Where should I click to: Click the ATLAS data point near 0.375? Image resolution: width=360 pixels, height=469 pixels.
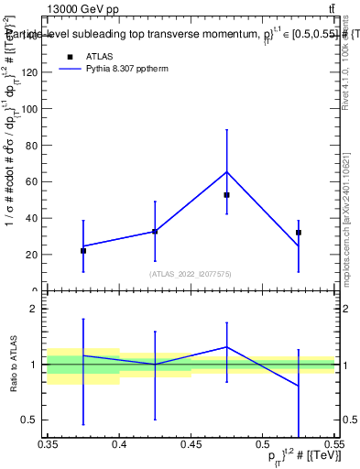tap(83, 250)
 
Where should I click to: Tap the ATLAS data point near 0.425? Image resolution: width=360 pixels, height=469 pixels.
tap(155, 232)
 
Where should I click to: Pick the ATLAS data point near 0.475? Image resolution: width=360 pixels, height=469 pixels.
tap(226, 195)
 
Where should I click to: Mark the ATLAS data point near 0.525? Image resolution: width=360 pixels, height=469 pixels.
tap(299, 233)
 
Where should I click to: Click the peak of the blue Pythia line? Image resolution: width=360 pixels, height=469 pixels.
tap(226, 171)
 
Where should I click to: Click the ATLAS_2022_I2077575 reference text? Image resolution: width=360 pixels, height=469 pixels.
tap(190, 274)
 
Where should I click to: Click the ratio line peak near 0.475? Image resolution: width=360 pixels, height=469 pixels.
tap(226, 346)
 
